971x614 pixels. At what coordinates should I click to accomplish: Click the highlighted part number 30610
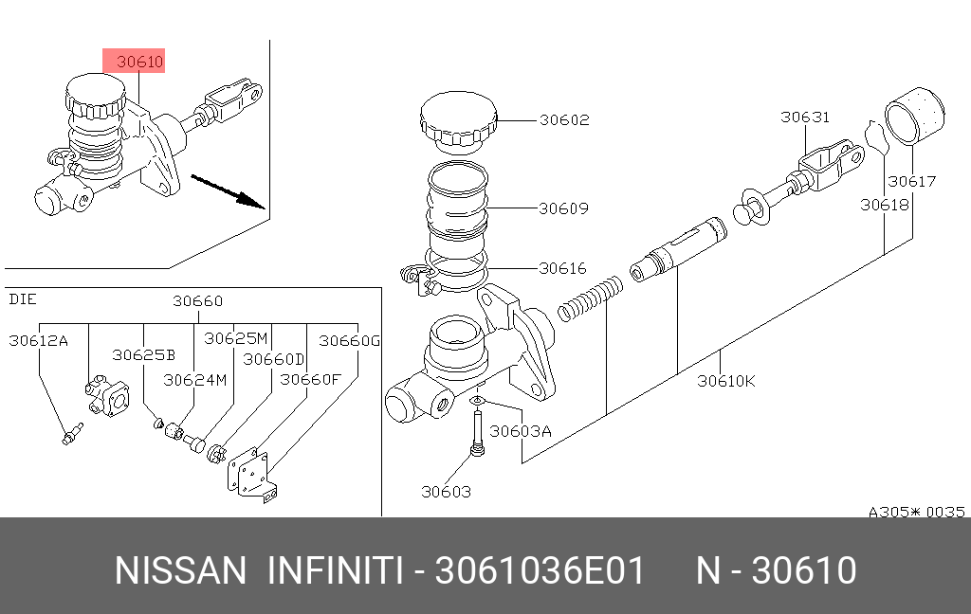[x=140, y=63]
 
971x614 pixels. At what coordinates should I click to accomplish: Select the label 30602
[x=564, y=120]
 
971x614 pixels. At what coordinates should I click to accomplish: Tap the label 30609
[x=564, y=208]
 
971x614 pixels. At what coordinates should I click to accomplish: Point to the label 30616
[x=563, y=269]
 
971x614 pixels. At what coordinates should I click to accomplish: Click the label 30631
[x=805, y=117]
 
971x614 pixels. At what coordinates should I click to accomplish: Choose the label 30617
[x=911, y=181]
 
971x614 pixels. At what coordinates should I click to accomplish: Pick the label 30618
[x=885, y=204]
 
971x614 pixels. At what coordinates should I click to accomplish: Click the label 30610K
[x=725, y=381]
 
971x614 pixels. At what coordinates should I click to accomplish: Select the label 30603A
[x=521, y=431]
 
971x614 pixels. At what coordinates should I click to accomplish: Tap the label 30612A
[x=38, y=340]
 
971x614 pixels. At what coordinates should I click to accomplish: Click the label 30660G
[x=348, y=340]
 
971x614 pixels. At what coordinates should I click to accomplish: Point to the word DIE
[x=22, y=300]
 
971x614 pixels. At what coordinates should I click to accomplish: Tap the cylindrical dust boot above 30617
[x=916, y=115]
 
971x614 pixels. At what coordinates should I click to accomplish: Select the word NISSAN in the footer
[x=179, y=571]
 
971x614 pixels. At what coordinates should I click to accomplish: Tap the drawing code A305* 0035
[x=917, y=512]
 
